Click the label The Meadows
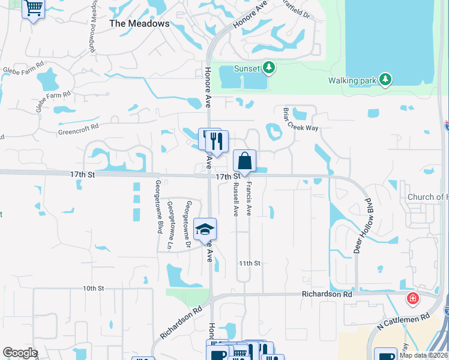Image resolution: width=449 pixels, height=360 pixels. coord(139,23)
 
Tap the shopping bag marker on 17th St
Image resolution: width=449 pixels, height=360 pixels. coord(244,161)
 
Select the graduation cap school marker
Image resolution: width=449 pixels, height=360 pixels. coord(205,229)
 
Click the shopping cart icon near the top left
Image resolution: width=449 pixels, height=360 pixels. coord(34,8)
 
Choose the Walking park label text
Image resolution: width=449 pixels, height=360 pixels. coord(352,80)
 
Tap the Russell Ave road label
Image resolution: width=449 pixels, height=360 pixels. coord(236,199)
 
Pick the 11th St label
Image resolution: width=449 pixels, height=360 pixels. coord(249,263)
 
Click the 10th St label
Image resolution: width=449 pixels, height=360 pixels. coord(94,289)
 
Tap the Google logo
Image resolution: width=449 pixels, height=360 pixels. coord(20,353)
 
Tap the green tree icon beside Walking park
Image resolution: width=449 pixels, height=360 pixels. coord(385,79)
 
